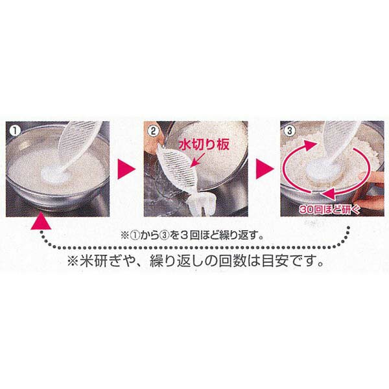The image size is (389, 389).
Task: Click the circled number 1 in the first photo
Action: tap(16, 131)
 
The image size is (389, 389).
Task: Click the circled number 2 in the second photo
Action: tap(153, 131)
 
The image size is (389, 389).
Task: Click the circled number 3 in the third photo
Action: tap(290, 131)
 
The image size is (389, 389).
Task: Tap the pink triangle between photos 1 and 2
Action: tap(126, 169)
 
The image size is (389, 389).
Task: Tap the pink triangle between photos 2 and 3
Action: tap(265, 169)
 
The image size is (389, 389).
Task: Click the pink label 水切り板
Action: tap(204, 145)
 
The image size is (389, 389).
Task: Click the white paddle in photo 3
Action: tap(333, 151)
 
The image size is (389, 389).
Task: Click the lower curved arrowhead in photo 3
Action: tap(328, 193)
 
